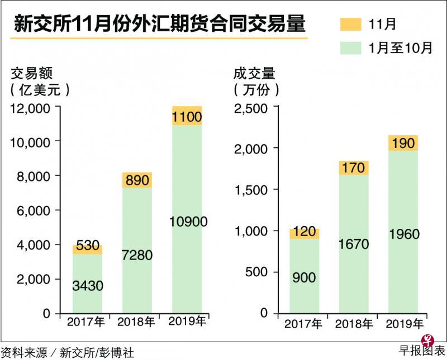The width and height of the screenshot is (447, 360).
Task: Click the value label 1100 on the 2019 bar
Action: [187, 118]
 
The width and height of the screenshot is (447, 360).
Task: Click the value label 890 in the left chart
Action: [137, 180]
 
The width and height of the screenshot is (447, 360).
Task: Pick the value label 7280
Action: [137, 256]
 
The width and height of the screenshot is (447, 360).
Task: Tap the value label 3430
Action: [88, 286]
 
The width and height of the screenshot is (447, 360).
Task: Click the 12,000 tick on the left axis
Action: [31, 107]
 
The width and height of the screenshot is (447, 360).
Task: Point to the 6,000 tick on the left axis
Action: [34, 210]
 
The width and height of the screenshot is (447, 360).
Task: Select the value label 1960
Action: [403, 234]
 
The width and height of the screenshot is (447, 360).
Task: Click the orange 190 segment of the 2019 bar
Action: [403, 143]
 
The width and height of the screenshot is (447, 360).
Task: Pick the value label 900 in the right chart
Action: [305, 277]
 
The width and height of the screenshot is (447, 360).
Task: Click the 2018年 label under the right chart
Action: [354, 324]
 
